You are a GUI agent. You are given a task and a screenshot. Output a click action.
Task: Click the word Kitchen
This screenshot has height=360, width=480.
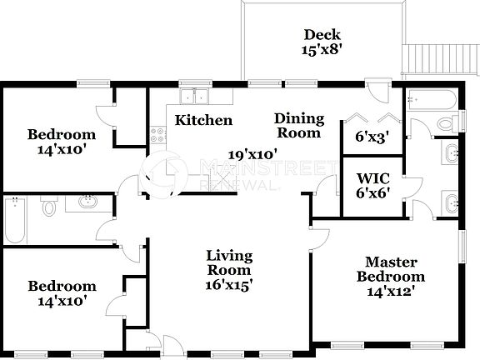(203, 120)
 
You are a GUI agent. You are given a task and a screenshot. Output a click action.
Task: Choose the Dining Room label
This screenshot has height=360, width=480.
(297, 125)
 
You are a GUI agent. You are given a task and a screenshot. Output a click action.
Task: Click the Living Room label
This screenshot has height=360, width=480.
(229, 262)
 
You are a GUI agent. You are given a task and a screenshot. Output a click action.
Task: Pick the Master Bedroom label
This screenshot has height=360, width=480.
(391, 269)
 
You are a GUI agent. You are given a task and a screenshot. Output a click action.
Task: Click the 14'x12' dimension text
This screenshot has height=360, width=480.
(391, 292)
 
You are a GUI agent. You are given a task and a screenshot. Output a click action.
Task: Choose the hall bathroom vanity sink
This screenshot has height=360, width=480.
(87, 202)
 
